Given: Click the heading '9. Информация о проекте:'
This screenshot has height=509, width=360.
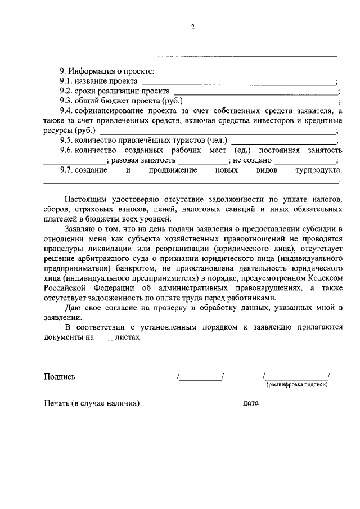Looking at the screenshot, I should coord(106,71).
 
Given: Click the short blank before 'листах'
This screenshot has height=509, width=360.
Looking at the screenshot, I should coord(104,338).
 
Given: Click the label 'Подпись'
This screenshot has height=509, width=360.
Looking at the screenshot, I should coord(60,377).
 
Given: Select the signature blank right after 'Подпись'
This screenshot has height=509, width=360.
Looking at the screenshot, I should coord(201,377).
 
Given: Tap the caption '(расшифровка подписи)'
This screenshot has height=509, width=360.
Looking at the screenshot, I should coord(297,385).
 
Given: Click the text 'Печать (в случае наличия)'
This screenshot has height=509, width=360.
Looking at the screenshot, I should coord(91,403).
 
